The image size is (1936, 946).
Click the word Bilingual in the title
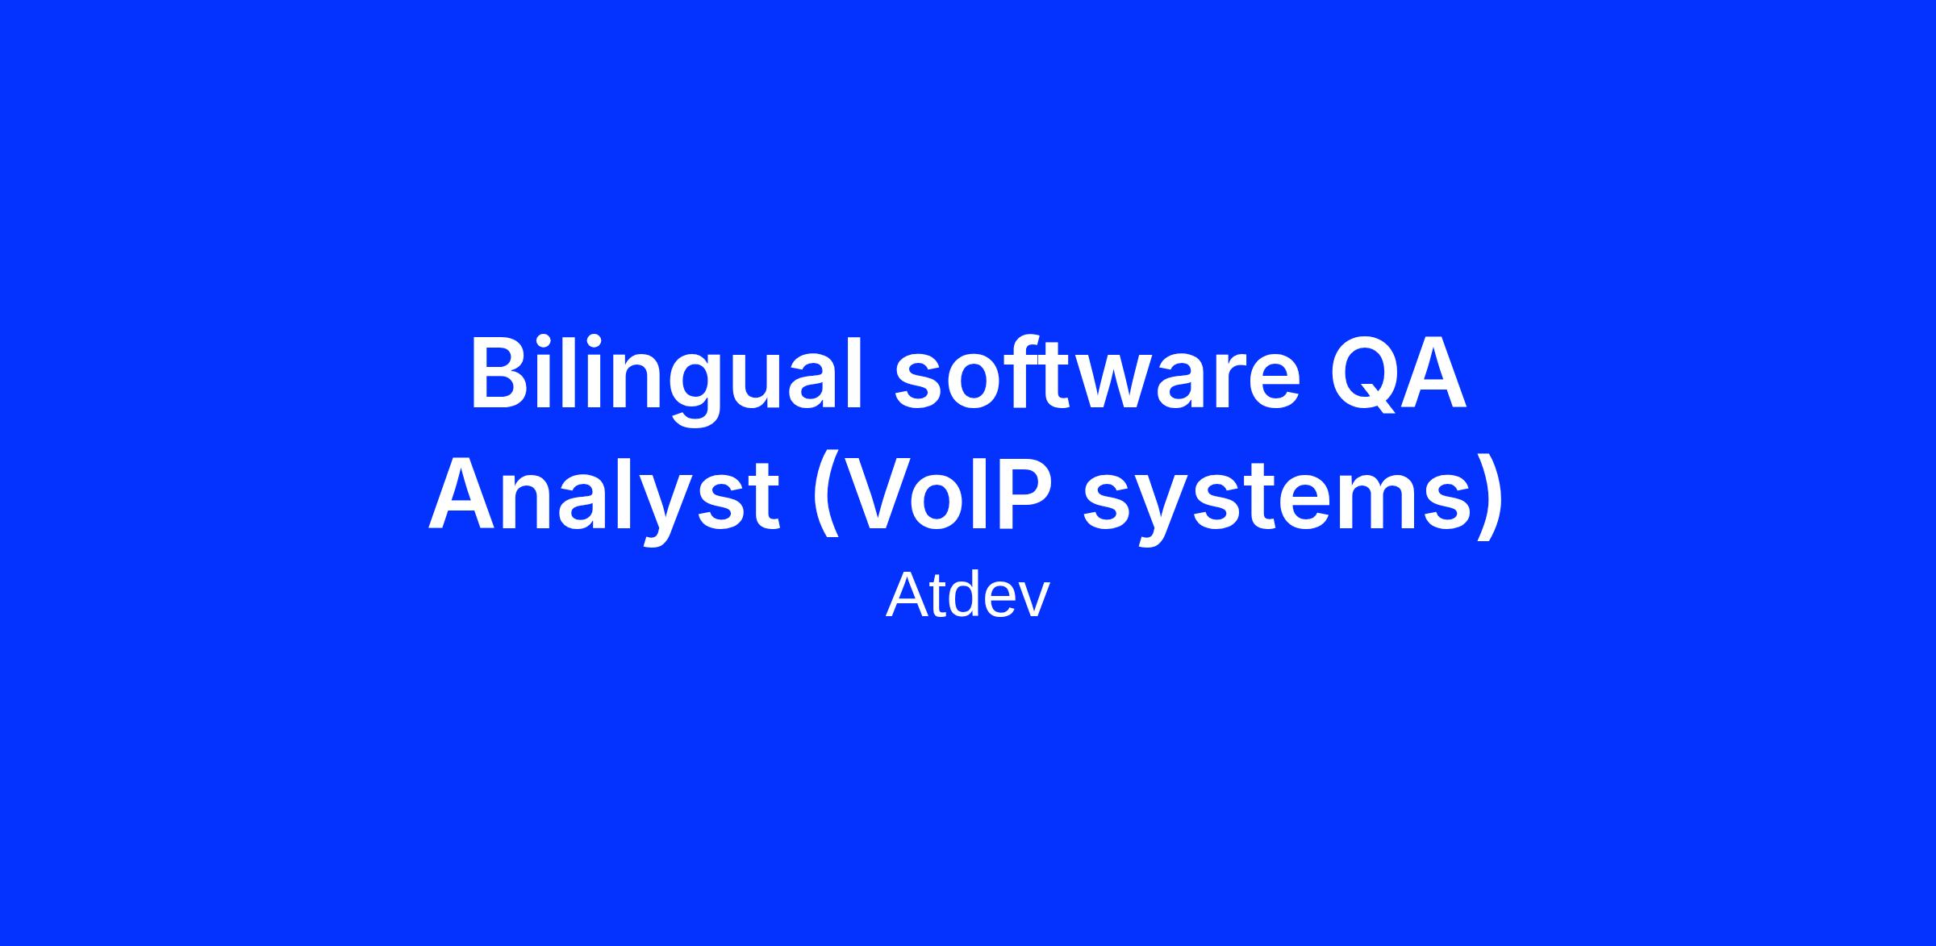tap(667, 379)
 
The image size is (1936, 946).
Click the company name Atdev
tap(968, 596)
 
